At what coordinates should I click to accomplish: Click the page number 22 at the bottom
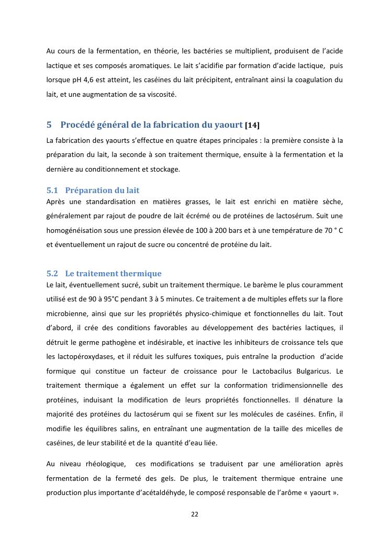pos(194,514)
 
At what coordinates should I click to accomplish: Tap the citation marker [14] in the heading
pos(252,126)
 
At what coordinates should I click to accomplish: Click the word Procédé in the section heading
pos(77,125)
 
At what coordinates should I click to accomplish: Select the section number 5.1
pos(52,190)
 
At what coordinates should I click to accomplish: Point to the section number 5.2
pos(52,274)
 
